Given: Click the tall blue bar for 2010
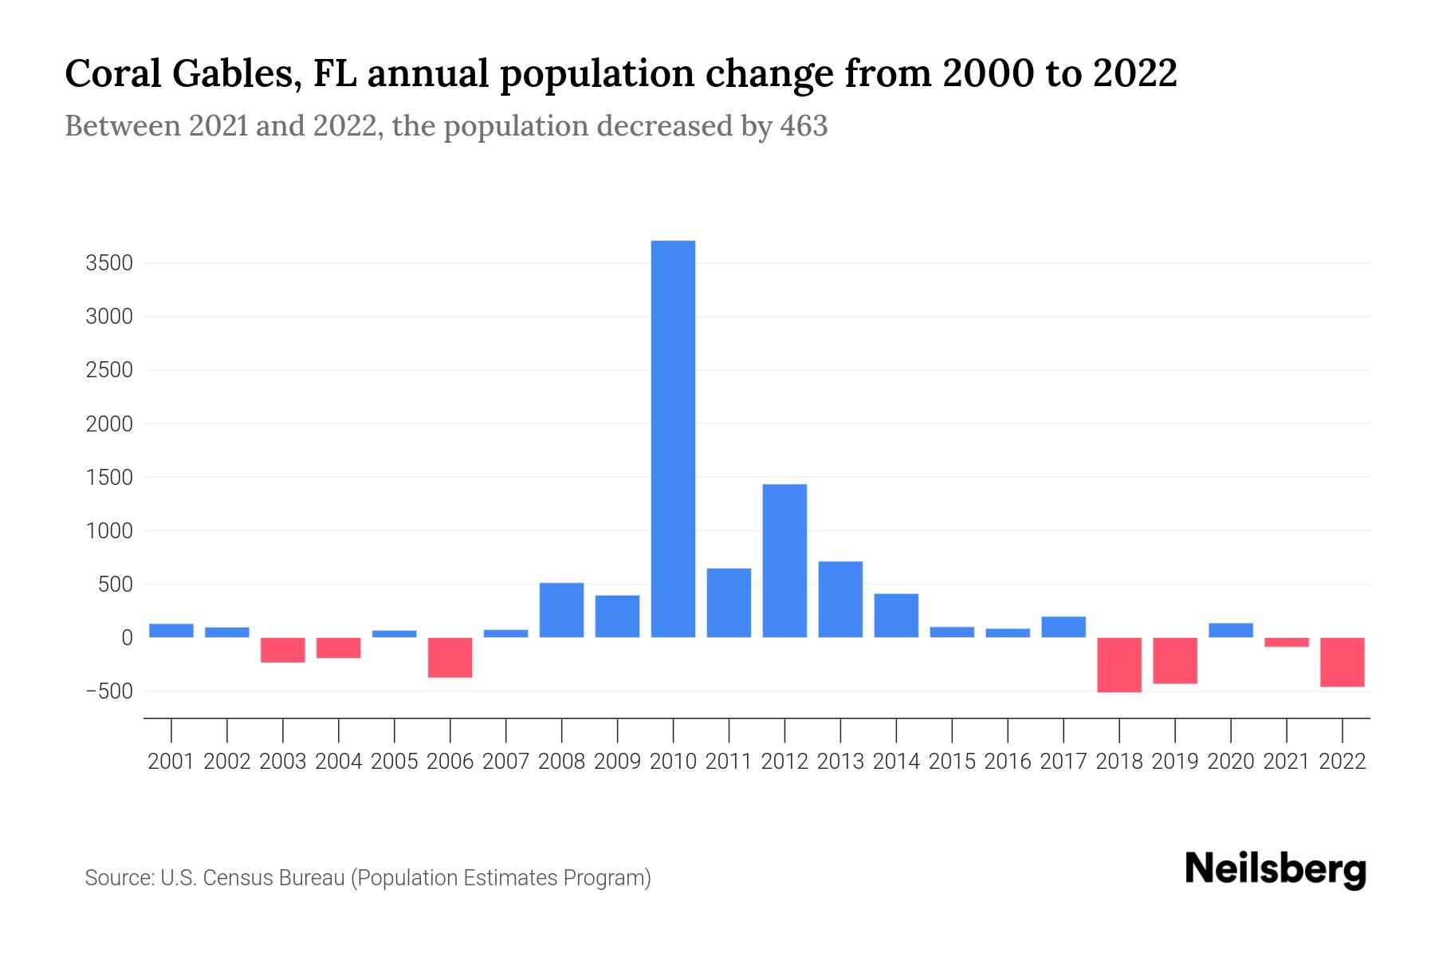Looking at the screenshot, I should pos(673,439).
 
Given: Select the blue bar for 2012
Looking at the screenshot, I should pos(784,561).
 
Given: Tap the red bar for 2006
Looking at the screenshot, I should pos(450,657).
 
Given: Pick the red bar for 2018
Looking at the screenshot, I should pos(1119,664).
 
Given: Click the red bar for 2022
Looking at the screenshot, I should pos(1343,662).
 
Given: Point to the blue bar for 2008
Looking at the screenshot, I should pos(561,610).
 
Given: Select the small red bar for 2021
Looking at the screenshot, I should pos(1287,642).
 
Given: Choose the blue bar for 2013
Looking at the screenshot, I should pos(840,600).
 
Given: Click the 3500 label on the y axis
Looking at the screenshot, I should pos(109,263).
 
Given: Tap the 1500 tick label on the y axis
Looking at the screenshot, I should pos(109,478).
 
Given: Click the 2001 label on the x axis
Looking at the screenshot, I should pos(171,762).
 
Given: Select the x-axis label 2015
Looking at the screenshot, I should pos(952,762).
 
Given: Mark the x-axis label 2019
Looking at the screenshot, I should pos(1175,762).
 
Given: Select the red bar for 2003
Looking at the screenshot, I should pos(283,650).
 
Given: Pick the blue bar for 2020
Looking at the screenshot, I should pos(1231,630).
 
